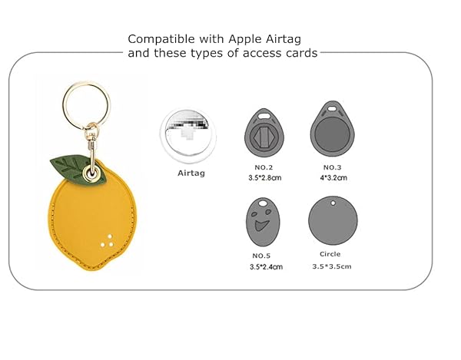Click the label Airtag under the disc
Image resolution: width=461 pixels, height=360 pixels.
tap(191, 173)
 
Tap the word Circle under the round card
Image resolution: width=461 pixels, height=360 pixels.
tap(330, 254)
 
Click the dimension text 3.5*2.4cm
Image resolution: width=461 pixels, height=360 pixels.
tap(266, 266)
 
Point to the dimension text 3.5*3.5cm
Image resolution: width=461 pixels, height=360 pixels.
tap(331, 266)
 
